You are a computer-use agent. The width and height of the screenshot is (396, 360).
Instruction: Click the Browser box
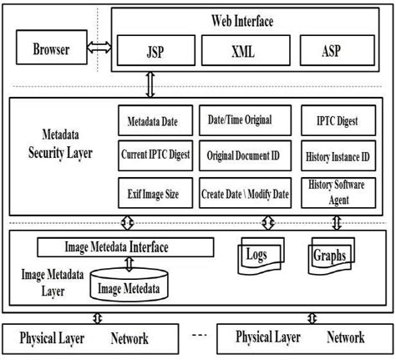tap(51, 49)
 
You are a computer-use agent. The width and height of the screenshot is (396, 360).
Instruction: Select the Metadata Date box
tap(153, 121)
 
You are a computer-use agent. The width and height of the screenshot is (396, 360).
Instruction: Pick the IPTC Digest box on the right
tap(337, 121)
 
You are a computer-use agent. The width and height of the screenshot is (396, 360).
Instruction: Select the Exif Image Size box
tap(153, 193)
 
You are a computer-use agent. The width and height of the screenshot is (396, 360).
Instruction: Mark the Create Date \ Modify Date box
tap(244, 193)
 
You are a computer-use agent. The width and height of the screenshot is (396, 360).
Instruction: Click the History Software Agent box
tap(337, 190)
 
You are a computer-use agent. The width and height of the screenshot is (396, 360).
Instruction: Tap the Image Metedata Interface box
tap(127, 247)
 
